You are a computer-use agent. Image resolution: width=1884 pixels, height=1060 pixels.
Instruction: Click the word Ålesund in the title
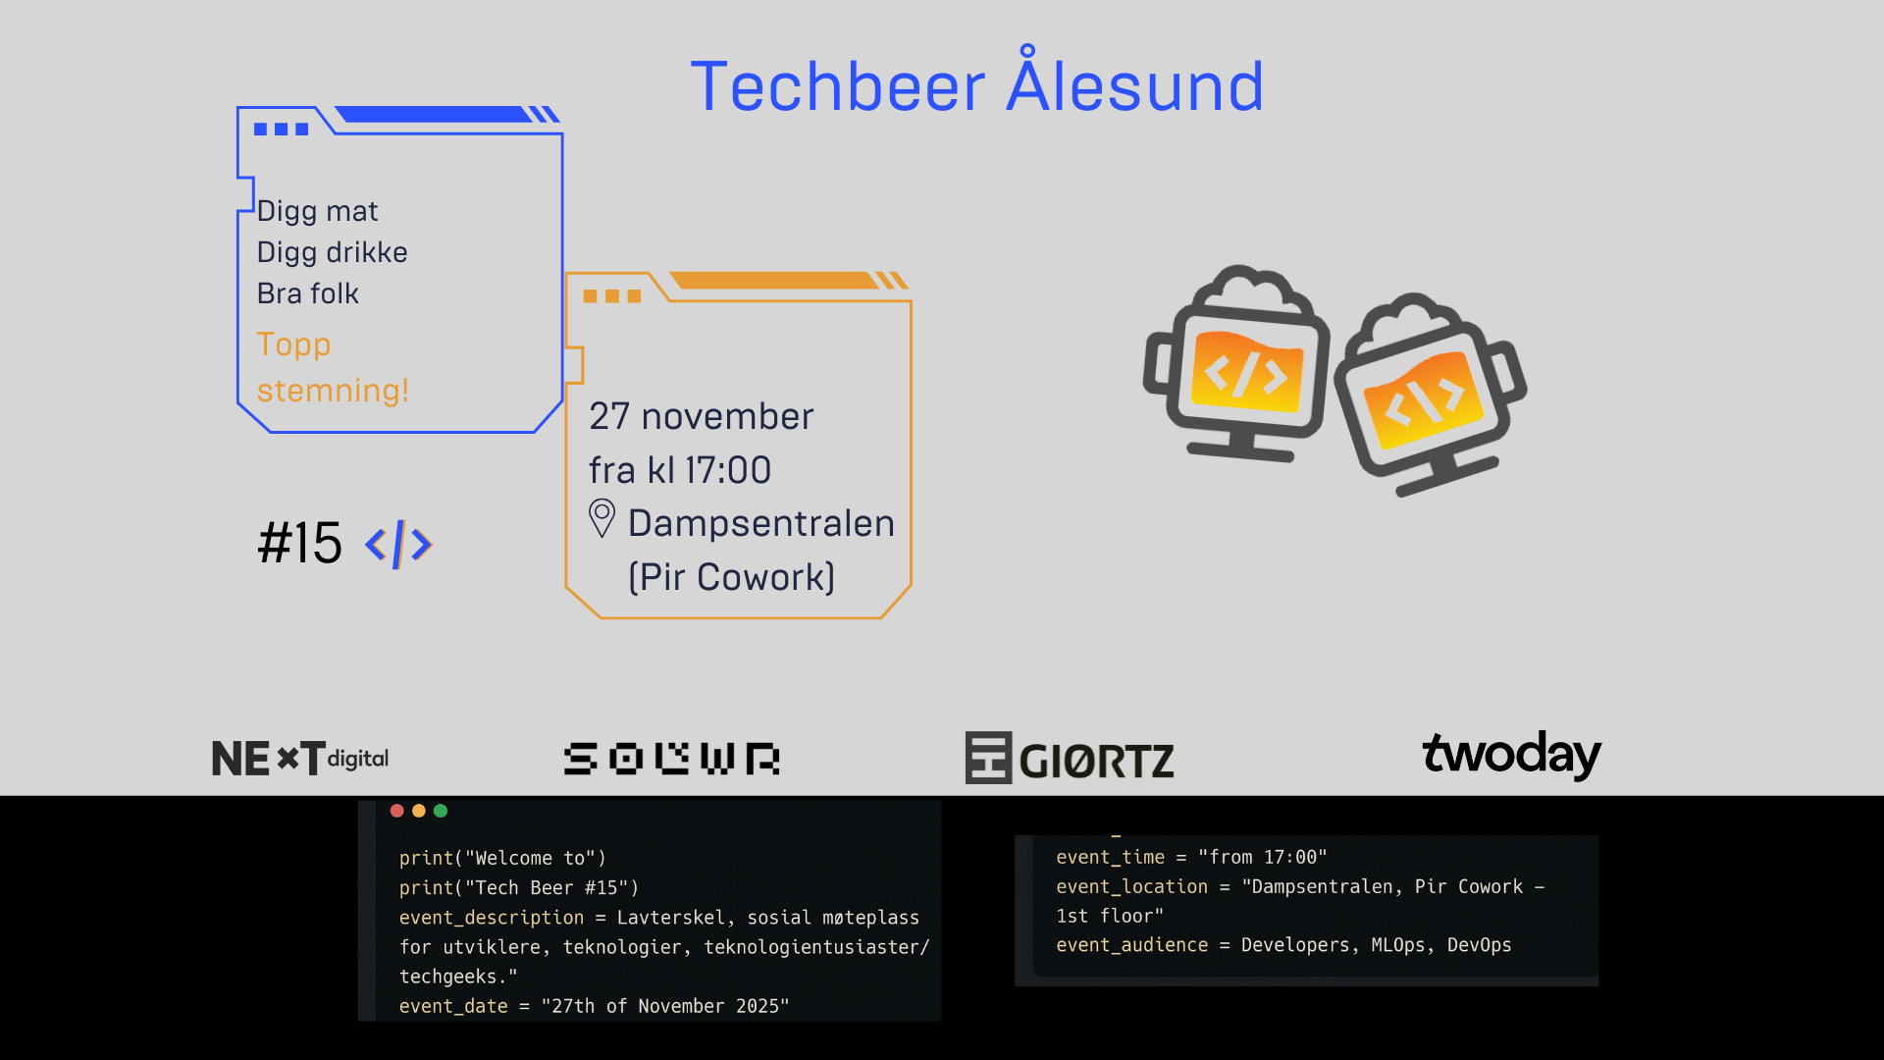point(1135,86)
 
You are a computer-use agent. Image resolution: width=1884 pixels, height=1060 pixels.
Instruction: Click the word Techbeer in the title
point(837,86)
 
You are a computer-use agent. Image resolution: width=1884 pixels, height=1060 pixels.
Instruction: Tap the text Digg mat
point(317,211)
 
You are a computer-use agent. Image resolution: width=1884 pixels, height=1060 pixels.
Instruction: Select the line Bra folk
point(307,293)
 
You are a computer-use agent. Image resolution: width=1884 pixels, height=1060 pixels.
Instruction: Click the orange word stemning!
point(332,391)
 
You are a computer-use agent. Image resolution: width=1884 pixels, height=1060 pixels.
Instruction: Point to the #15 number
point(299,543)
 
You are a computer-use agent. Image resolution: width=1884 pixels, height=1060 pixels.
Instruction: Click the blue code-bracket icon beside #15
point(398,545)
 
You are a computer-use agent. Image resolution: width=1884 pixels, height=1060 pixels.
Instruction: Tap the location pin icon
point(602,518)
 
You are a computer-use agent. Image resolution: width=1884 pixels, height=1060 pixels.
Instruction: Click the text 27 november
point(701,416)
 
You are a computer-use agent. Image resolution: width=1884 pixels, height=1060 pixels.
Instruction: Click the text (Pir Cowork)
point(731,577)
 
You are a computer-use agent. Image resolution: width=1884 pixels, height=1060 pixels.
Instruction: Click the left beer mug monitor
point(1238,364)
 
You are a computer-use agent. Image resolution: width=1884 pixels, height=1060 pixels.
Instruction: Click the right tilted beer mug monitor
point(1430,393)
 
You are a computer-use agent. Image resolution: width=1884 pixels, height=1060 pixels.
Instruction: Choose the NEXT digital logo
point(299,758)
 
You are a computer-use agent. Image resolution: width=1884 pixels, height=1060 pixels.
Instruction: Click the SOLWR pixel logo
point(671,759)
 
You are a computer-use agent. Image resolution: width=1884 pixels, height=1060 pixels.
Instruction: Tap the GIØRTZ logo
point(1070,758)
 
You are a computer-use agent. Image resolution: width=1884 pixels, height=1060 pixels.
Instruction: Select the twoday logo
point(1511,754)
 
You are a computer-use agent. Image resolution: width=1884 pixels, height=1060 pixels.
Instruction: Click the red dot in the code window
point(396,811)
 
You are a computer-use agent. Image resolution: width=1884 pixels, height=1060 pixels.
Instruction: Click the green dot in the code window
point(441,811)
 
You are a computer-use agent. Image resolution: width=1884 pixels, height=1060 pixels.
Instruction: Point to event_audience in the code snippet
point(1131,945)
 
